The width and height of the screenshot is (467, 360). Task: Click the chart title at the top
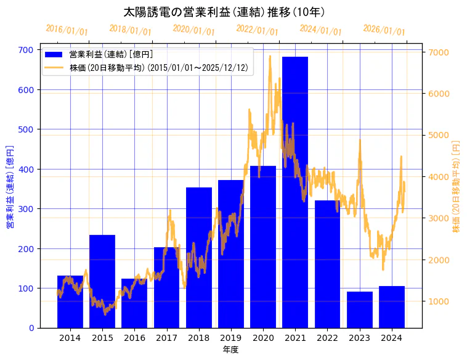[x=224, y=12]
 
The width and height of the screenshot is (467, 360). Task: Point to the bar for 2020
[x=263, y=247]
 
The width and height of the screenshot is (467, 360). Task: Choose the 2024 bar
[x=392, y=307]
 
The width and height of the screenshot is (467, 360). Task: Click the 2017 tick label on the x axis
[x=166, y=337]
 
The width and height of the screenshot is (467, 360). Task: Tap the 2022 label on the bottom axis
[x=327, y=337]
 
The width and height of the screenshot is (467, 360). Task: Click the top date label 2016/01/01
[x=67, y=30]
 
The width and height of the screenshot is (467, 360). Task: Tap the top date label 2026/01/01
[x=384, y=30]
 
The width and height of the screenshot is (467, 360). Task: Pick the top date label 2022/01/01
[x=257, y=30]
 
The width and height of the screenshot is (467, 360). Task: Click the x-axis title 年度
[x=230, y=350]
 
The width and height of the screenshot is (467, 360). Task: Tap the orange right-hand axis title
[x=456, y=186]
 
